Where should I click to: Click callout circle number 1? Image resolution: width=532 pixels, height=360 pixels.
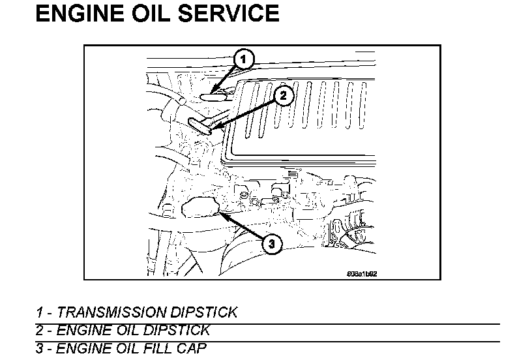(243, 60)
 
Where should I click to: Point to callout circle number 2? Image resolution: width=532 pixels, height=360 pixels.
(283, 95)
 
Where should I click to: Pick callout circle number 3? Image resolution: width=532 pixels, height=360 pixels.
(272, 244)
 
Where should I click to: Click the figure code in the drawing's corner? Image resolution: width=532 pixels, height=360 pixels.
(362, 273)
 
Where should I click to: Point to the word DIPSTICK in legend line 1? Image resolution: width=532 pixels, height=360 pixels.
(207, 312)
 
